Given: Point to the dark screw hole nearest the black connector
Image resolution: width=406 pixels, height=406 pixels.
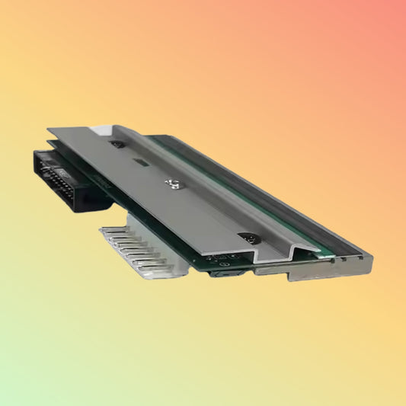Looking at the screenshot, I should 116,144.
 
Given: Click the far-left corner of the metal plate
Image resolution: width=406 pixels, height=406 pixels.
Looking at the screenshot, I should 49,129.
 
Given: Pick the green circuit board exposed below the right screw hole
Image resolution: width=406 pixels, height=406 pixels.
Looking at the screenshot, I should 229,255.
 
